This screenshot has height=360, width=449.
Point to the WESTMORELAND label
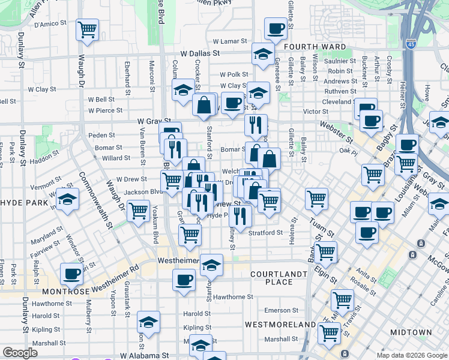point(280,325)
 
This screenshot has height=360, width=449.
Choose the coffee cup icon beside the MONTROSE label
point(72,274)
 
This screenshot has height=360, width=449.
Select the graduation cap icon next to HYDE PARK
point(68,199)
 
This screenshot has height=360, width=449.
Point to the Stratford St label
point(266,232)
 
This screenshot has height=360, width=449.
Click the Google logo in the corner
point(20,353)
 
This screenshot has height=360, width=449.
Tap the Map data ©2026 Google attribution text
point(412,355)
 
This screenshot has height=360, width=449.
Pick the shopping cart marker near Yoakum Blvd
point(139,211)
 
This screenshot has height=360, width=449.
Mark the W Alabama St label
point(145,355)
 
